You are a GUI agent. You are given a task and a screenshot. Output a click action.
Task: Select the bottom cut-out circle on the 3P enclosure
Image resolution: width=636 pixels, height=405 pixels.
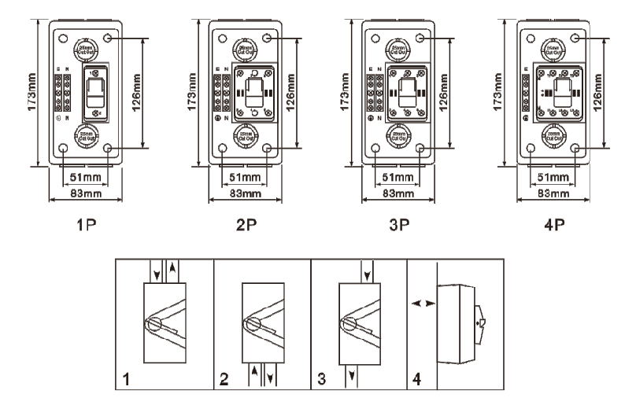point(394,135)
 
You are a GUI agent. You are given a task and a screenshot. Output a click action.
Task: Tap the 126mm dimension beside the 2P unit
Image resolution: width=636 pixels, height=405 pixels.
point(292,92)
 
